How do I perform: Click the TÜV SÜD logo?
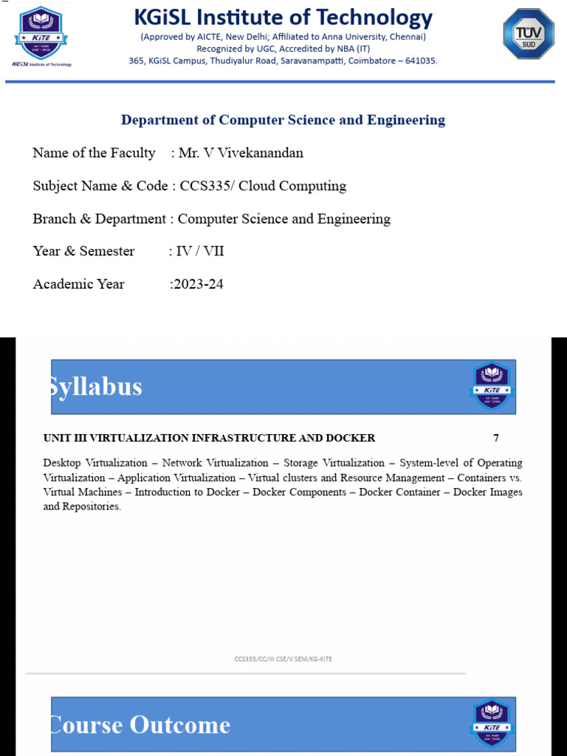[x=529, y=34]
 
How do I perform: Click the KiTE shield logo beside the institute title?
[x=41, y=32]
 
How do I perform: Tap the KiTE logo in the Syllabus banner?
[x=492, y=386]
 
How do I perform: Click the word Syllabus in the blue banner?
[x=95, y=387]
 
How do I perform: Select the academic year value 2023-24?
[x=197, y=284]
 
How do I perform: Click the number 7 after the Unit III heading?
[x=496, y=438]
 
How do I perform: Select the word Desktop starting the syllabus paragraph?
[x=64, y=463]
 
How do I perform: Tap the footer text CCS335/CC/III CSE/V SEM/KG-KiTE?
[x=283, y=659]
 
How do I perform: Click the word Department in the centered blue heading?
[x=159, y=120]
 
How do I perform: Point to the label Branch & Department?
[x=100, y=219]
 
